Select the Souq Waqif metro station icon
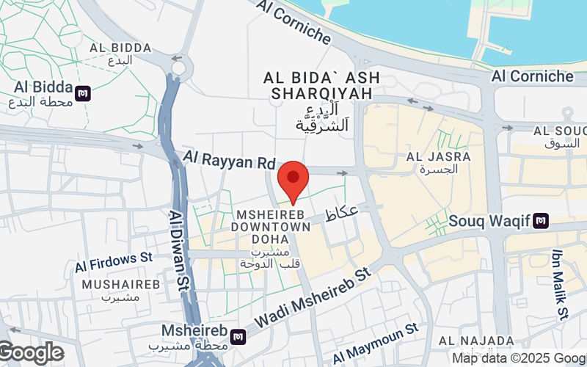coord(541,219)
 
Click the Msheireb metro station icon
coord(238,335)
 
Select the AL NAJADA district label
coord(476,341)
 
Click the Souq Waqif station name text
coord(489,219)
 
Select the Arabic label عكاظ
coord(341,214)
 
